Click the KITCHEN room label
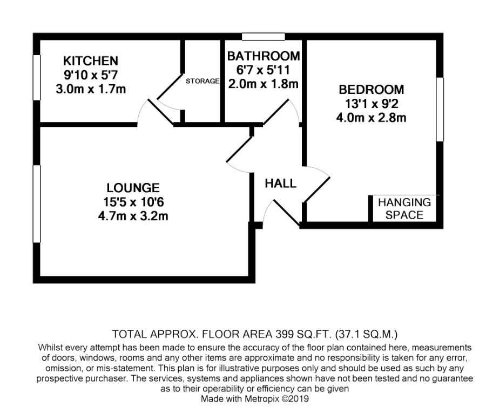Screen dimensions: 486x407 point(91,60)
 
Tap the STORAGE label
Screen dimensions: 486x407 point(202,81)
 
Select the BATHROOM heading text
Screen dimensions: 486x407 point(264,56)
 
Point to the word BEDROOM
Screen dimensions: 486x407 point(372,90)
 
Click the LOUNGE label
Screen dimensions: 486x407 point(133,188)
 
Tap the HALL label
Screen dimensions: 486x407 point(280,184)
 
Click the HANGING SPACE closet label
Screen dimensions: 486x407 point(404,208)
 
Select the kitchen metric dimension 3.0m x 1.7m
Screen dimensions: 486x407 point(91,89)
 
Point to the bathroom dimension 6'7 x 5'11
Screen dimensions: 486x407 point(263,70)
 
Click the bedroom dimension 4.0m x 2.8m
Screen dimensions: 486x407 point(372,118)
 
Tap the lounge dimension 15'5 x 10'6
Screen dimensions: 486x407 point(133,202)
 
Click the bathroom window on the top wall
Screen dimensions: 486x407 point(263,37)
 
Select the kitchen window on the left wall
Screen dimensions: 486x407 point(37,77)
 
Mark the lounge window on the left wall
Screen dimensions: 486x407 point(37,204)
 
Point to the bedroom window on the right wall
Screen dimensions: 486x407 point(440,110)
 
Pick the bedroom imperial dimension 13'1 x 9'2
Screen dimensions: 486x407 point(372,104)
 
